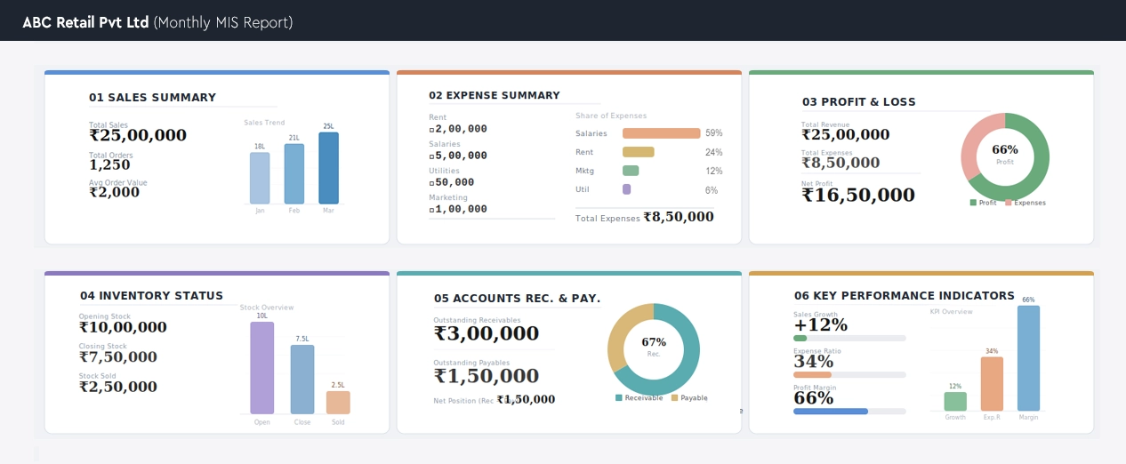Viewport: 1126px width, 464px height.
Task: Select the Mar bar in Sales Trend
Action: [x=328, y=168]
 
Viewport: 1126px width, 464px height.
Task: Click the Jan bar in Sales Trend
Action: [x=260, y=178]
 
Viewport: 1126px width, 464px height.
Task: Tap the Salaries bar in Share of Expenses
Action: [x=662, y=133]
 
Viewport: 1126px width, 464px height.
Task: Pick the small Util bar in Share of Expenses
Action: [x=627, y=189]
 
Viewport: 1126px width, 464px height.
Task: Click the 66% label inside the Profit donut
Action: [x=1005, y=149]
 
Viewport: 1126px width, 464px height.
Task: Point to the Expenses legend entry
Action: [x=1025, y=203]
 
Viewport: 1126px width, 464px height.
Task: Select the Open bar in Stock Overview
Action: [x=262, y=367]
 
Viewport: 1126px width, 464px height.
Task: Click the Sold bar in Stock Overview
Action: [x=338, y=403]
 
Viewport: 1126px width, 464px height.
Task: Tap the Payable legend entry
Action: [x=689, y=397]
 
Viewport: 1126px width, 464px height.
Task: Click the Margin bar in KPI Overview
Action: [x=1028, y=358]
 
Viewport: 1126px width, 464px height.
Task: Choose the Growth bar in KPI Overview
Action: [x=955, y=402]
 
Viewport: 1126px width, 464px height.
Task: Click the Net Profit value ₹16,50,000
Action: [x=857, y=195]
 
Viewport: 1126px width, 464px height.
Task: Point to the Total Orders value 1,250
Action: [x=109, y=164]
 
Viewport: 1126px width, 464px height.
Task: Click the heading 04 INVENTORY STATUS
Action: [x=151, y=296]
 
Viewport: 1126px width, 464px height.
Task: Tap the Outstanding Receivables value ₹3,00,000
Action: [x=487, y=333]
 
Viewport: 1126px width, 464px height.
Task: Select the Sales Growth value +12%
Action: [x=820, y=325]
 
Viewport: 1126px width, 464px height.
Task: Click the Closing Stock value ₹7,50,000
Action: [x=117, y=357]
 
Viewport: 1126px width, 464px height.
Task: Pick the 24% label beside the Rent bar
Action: [x=713, y=152]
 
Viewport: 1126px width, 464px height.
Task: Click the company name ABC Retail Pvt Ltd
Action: [x=85, y=22]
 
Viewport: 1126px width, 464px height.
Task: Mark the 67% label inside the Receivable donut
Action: [x=654, y=342]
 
